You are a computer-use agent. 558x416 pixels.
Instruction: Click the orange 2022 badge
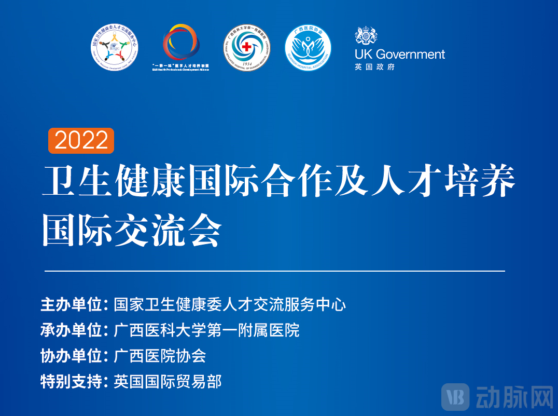click(81, 141)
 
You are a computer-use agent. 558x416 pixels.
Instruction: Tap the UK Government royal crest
click(366, 36)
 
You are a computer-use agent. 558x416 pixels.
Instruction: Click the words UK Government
click(400, 54)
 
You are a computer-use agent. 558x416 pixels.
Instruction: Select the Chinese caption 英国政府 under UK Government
click(375, 67)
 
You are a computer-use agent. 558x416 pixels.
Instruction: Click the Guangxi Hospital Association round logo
click(308, 49)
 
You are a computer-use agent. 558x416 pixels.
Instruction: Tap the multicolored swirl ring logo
click(180, 44)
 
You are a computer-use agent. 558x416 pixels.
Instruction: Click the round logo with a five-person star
click(115, 48)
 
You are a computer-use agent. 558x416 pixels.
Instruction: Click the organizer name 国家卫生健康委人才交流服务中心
click(230, 304)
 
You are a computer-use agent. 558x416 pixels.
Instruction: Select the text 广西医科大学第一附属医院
click(206, 330)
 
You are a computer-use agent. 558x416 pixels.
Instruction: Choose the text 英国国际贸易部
click(168, 382)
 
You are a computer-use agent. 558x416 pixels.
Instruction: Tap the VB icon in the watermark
click(455, 398)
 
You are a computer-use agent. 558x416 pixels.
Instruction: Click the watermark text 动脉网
click(513, 398)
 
